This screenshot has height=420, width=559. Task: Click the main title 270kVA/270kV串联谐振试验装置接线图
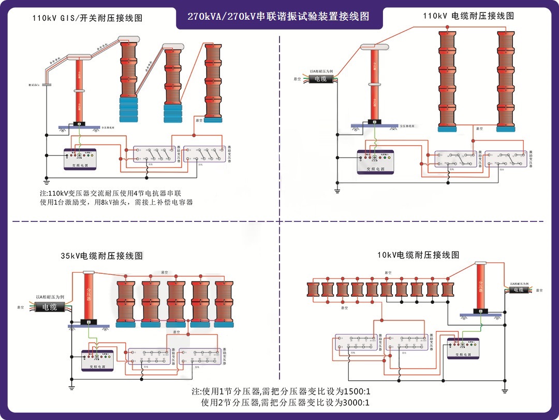click(x=279, y=17)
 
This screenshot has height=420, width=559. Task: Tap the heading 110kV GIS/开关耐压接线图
click(x=87, y=18)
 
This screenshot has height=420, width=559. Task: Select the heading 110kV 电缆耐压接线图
click(x=468, y=16)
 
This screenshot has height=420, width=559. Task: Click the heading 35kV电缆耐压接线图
click(x=101, y=256)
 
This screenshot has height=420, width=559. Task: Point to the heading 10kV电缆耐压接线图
click(x=419, y=255)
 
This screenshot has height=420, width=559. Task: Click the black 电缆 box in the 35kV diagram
click(x=50, y=307)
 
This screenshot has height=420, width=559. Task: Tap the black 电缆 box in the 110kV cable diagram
click(x=321, y=79)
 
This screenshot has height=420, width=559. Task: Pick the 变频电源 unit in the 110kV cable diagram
click(x=375, y=161)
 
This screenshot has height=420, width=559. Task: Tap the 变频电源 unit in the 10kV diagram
click(x=463, y=348)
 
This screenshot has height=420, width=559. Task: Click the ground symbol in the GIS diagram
click(x=46, y=181)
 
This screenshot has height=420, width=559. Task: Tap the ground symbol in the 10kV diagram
click(x=505, y=389)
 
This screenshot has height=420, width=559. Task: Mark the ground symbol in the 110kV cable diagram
click(x=337, y=191)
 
